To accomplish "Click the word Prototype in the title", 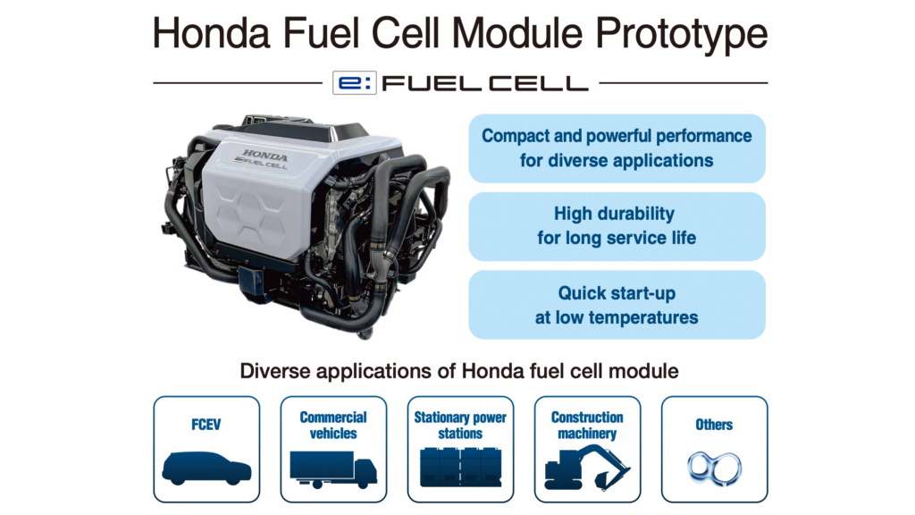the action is point(681,35).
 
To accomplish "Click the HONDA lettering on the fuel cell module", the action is point(264,156).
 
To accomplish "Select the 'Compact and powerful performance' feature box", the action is point(617,148).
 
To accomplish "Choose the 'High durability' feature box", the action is point(617,226).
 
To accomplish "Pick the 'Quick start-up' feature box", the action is point(617,305).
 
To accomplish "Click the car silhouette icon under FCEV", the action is point(206,469).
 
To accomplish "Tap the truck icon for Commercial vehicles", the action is point(333,469).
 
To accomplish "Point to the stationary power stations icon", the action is point(460,467).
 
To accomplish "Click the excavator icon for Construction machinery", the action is point(586,468).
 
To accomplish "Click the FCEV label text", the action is point(206,425).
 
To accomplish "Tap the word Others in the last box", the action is point(714,425).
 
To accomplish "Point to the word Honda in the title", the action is point(211,33).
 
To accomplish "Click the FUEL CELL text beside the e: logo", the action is point(485,83).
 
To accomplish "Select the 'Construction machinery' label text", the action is point(587,425).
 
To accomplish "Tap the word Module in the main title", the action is point(517,33).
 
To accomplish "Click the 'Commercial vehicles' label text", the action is point(333,425).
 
